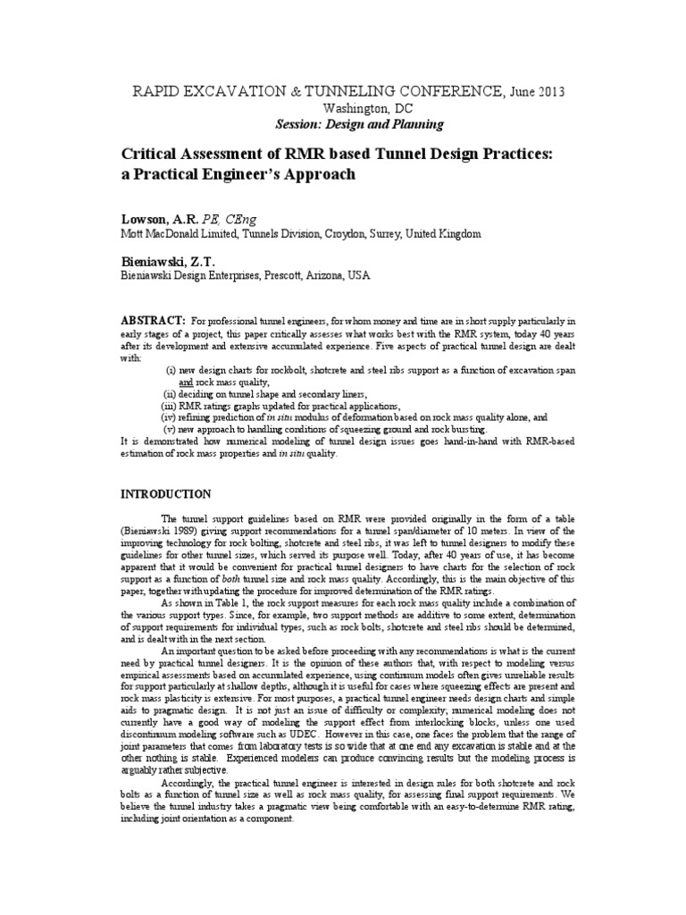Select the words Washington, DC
(343, 107)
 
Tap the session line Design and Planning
(343, 124)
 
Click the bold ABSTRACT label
(153, 320)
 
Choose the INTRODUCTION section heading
(166, 493)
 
